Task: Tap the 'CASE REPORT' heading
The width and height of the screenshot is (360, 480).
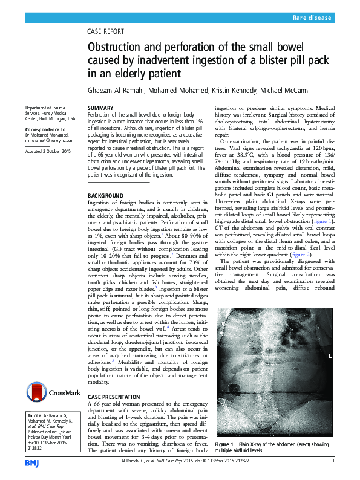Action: [x=106, y=31]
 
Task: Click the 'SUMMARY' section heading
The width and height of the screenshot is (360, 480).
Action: [x=101, y=108]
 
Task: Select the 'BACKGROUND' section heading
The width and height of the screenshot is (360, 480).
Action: [x=105, y=196]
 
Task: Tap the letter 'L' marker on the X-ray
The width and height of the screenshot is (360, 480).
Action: [x=329, y=357]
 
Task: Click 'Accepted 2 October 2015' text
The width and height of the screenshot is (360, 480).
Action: [x=48, y=151]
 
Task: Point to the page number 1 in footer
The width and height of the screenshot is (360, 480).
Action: [x=333, y=462]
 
